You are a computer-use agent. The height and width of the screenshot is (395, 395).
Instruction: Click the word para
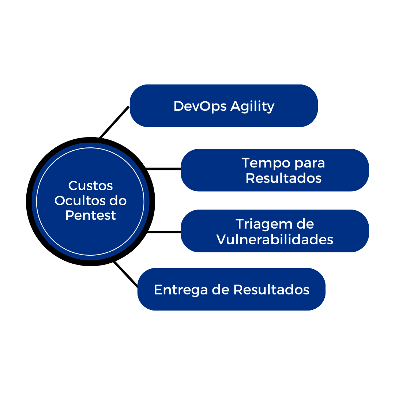point(310,163)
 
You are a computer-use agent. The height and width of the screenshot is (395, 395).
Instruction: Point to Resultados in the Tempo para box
point(283,178)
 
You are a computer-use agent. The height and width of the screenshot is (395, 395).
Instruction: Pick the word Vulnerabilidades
point(275,240)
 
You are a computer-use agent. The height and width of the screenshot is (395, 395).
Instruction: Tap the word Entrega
point(181,290)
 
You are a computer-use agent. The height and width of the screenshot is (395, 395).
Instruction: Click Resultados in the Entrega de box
point(271,290)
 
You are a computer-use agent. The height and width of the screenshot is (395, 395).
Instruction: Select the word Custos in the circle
point(91,186)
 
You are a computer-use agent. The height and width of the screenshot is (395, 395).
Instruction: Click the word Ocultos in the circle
point(76,201)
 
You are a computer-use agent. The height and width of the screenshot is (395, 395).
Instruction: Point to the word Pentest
point(91,215)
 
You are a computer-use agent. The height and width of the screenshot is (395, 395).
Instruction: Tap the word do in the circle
point(118,201)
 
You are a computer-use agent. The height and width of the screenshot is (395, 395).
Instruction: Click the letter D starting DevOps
point(178,106)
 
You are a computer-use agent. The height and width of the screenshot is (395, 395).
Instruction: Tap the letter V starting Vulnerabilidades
point(221,240)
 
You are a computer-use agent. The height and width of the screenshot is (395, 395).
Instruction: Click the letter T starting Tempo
point(246,163)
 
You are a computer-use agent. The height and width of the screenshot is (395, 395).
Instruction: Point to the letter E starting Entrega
point(157,290)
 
